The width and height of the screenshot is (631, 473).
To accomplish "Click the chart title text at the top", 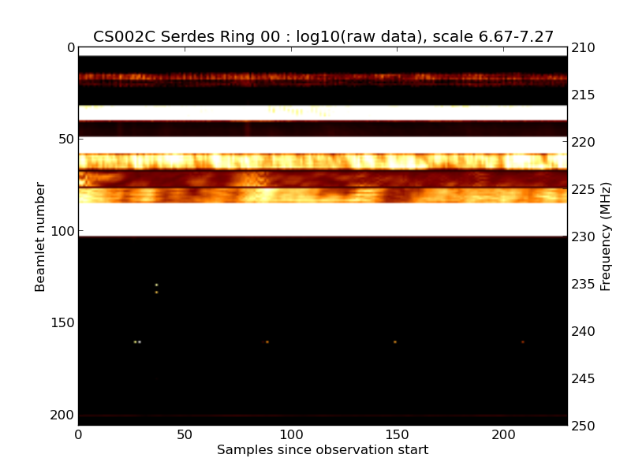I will point(323,36).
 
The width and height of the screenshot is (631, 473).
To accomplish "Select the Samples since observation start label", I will point(323,450).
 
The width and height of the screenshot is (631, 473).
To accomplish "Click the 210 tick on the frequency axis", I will point(584,48).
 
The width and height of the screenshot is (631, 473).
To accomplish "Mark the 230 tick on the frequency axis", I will point(584,236).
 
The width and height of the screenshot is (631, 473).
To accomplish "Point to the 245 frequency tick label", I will point(584,378).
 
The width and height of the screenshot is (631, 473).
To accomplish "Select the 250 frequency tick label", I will point(584,426).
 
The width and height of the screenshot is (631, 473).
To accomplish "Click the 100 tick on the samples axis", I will point(291,434).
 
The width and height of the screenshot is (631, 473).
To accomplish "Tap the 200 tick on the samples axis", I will point(503,434).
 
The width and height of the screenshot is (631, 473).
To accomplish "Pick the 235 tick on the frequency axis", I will point(584,284).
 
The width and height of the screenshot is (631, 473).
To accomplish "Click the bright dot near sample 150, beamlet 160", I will point(395,341).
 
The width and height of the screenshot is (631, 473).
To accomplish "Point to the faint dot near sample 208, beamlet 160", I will point(522,341).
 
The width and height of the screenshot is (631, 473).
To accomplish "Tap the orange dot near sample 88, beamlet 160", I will point(267,341).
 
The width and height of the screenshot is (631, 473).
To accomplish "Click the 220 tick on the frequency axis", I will point(584,142).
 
